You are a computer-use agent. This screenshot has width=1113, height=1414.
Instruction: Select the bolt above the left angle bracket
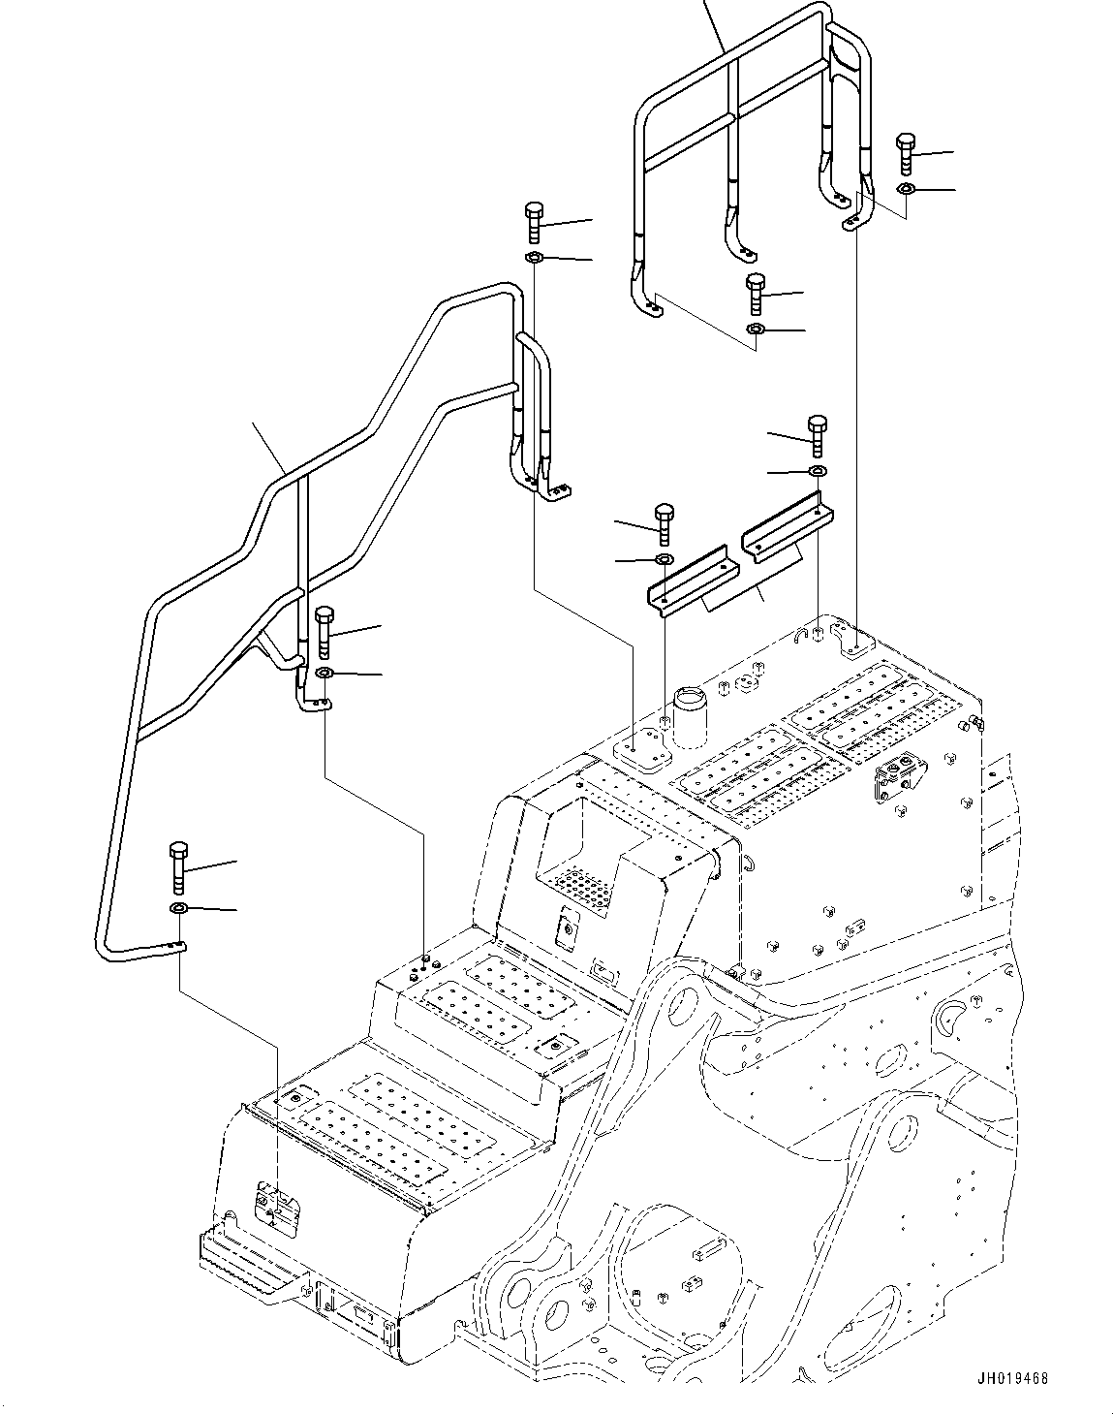[x=664, y=523]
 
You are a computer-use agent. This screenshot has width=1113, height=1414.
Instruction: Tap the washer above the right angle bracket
[x=818, y=471]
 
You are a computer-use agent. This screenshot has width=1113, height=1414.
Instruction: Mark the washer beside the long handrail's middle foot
[x=324, y=673]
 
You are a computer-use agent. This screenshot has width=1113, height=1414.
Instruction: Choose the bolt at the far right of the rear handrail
[x=905, y=151]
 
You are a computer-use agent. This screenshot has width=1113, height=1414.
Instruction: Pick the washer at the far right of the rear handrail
[x=905, y=188]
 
